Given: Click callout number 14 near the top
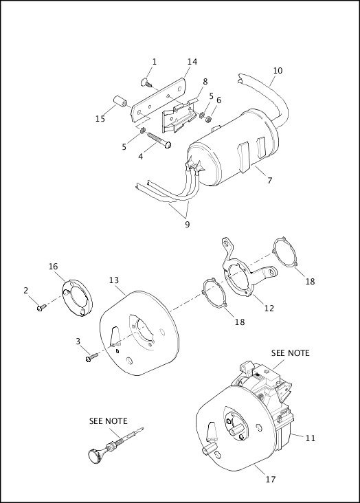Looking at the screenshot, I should [x=192, y=62].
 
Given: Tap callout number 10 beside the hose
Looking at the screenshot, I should [x=278, y=70].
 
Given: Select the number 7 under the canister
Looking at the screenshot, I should [x=269, y=181].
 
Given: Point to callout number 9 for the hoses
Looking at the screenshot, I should [x=187, y=224].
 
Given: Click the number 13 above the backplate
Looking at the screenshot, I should [x=114, y=280].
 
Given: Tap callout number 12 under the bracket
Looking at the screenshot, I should [x=269, y=308].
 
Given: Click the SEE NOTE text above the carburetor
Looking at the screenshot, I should [x=290, y=353].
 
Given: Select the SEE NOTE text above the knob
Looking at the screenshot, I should [x=108, y=421].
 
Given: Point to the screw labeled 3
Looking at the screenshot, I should [x=92, y=357].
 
